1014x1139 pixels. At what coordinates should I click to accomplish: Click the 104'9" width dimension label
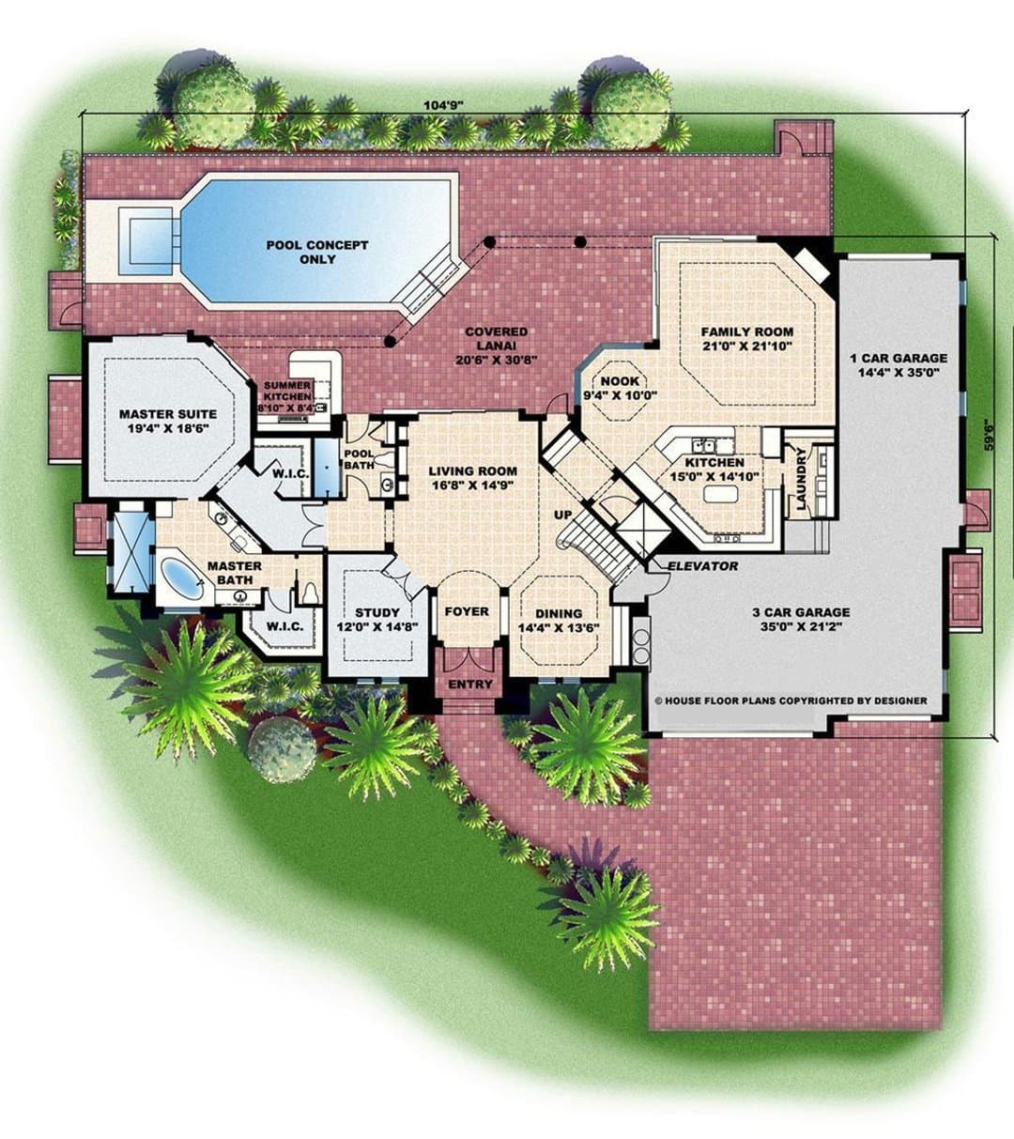click(448, 104)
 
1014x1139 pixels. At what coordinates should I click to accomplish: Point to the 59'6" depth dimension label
click(989, 435)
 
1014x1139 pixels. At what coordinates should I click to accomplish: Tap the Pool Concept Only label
click(317, 252)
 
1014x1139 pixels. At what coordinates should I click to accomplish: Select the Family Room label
click(746, 338)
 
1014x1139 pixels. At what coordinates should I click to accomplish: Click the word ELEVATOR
click(702, 566)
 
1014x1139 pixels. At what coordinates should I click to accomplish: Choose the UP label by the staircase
click(563, 515)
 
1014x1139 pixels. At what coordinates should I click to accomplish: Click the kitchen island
click(719, 495)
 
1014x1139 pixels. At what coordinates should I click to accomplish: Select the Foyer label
click(467, 611)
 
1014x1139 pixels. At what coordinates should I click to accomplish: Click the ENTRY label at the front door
click(470, 685)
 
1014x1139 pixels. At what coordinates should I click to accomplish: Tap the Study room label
click(377, 620)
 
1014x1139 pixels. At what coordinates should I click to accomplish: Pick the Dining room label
click(558, 620)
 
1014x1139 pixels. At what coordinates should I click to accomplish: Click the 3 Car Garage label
click(801, 619)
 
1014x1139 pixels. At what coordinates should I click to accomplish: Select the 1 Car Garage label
click(899, 365)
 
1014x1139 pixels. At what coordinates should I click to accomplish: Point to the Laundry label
click(801, 479)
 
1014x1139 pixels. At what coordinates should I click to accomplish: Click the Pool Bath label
click(359, 459)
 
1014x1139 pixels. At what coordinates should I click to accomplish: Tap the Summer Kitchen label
click(286, 396)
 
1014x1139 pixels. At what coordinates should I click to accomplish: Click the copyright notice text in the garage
click(791, 700)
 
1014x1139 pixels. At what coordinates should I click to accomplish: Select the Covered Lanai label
click(496, 346)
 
